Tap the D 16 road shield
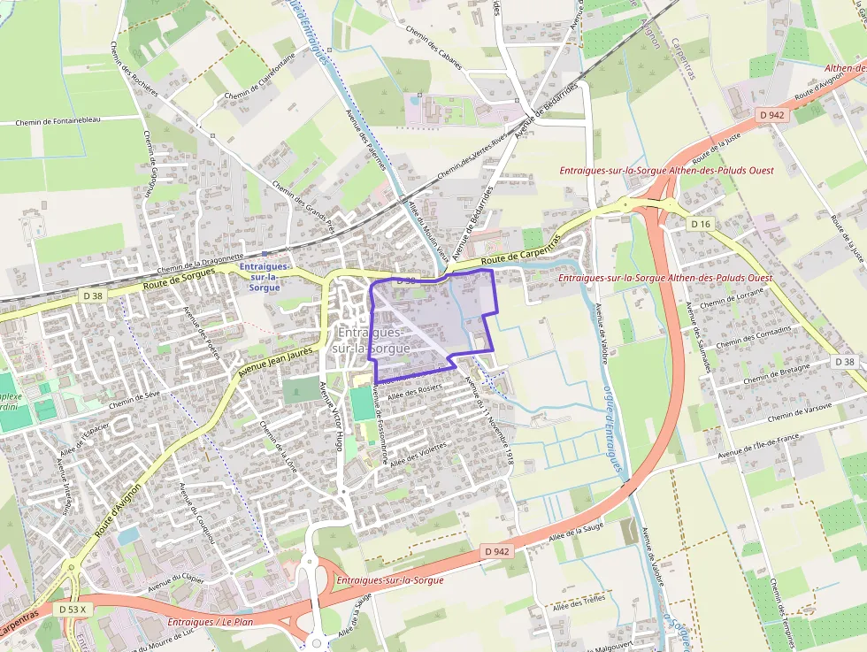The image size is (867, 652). (701, 224)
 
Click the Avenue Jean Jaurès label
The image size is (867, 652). (276, 364)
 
